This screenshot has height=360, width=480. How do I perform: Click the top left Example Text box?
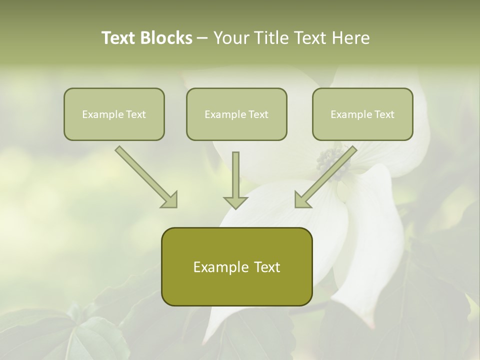pos(114,114)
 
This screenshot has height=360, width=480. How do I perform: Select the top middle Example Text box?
pos(236,114)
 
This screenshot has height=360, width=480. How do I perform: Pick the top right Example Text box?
pos(362,114)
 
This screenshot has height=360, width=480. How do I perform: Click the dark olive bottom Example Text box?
pos(236,266)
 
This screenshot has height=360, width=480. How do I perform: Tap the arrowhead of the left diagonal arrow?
pos(169,200)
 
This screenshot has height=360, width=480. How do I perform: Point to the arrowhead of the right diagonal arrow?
pos(303,200)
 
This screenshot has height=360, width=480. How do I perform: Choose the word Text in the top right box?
pos(384,114)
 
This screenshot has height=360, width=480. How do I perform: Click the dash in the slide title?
pos(202,38)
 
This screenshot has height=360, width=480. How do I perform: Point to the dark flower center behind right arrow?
pos(330,162)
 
